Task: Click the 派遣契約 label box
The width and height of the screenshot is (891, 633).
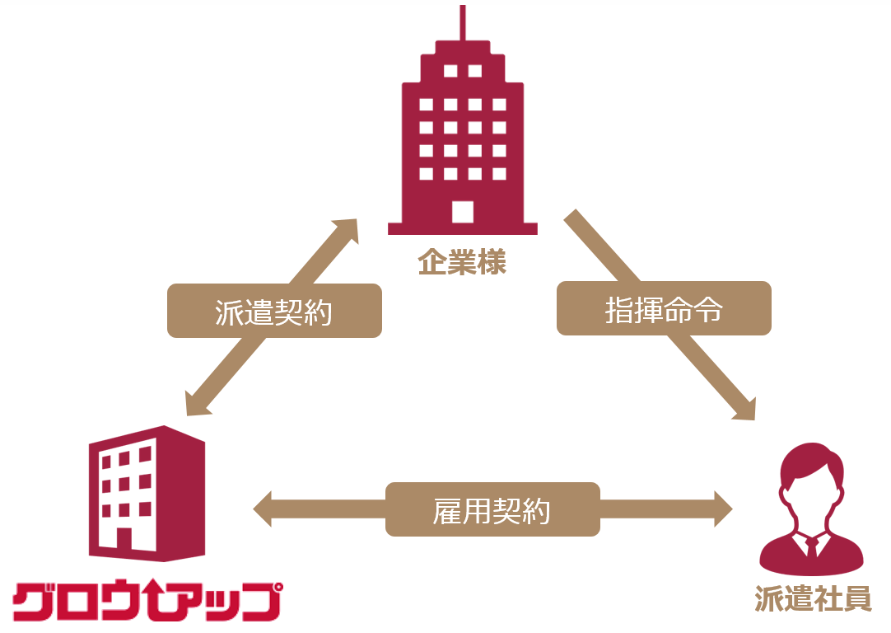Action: pyautogui.click(x=274, y=311)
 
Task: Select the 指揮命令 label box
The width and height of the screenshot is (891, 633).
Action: pyautogui.click(x=664, y=308)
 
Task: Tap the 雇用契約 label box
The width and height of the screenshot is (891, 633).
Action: pyautogui.click(x=492, y=509)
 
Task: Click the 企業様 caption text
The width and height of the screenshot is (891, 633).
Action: pyautogui.click(x=462, y=263)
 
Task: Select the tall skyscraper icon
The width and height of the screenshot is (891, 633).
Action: pyautogui.click(x=462, y=140)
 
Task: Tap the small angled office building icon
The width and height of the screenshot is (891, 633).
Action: pyautogui.click(x=147, y=495)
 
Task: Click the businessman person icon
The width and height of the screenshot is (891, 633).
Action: pyautogui.click(x=812, y=511)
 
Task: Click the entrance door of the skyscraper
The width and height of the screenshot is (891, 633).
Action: pyautogui.click(x=463, y=211)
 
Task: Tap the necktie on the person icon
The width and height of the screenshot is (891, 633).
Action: pyautogui.click(x=812, y=547)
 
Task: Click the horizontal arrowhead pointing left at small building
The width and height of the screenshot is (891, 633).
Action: pyautogui.click(x=266, y=509)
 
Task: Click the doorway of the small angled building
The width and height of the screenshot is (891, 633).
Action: pyautogui.click(x=123, y=539)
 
